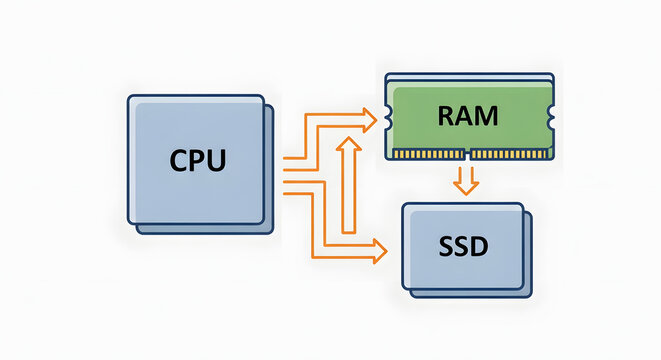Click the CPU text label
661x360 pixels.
(x=197, y=160)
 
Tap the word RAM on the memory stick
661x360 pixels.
(x=467, y=116)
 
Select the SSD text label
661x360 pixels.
(x=462, y=244)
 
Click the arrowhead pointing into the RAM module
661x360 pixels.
(x=372, y=122)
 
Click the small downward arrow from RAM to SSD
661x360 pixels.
(x=463, y=182)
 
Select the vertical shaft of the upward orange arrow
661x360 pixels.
(x=348, y=190)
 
